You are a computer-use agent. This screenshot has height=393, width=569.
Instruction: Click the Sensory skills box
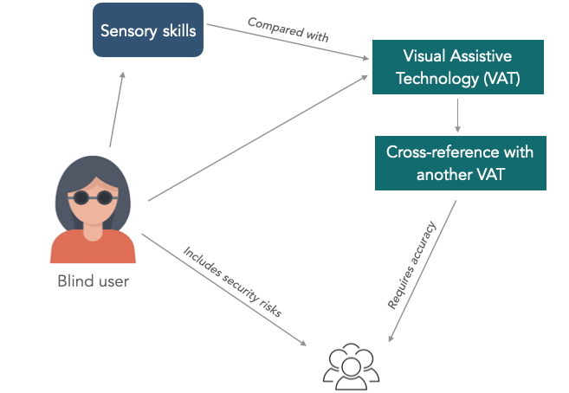pos(148,31)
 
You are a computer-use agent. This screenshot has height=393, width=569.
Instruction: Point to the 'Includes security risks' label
pos(231,282)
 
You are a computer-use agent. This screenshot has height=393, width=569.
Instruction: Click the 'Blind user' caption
pos(93,280)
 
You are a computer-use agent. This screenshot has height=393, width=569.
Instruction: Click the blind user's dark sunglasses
pos(92,196)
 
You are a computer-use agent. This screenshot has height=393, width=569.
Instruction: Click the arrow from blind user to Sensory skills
pos(117,108)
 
